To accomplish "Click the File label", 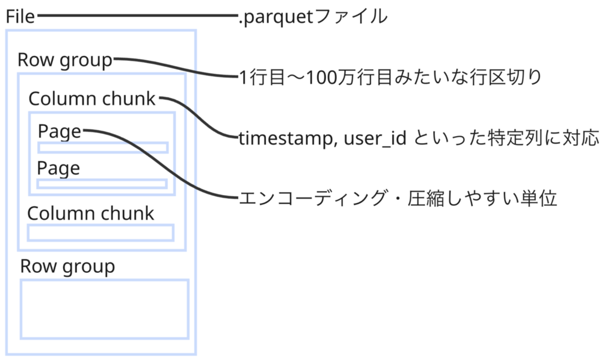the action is pos(20,16).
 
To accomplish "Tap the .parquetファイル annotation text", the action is pos(313,17).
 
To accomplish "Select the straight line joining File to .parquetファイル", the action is pos(137,16).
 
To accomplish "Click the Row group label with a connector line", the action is pos(65,61).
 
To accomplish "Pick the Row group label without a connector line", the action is pos(67,267).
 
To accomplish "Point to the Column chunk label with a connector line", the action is pos(92,99).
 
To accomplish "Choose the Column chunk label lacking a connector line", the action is pos(91,213).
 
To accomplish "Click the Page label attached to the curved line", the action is pos(60,132).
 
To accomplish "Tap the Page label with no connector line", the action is pos(58,169).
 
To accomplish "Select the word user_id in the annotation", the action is pos(375,138).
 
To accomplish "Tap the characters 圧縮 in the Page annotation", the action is pos(427,197).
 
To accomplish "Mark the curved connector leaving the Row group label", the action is pos(176,67).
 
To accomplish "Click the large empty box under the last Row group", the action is pos(105,309).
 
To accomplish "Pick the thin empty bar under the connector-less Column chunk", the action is pos(100,232).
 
